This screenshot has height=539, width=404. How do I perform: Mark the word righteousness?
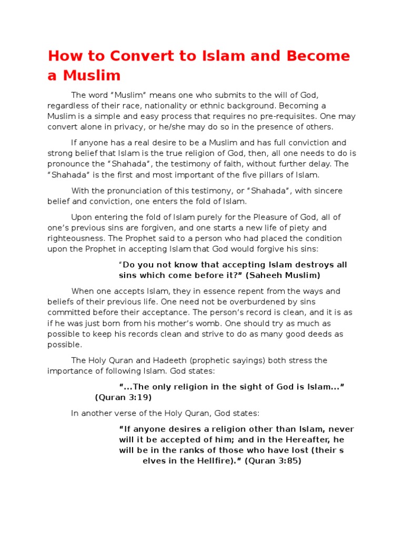pos(72,238)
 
